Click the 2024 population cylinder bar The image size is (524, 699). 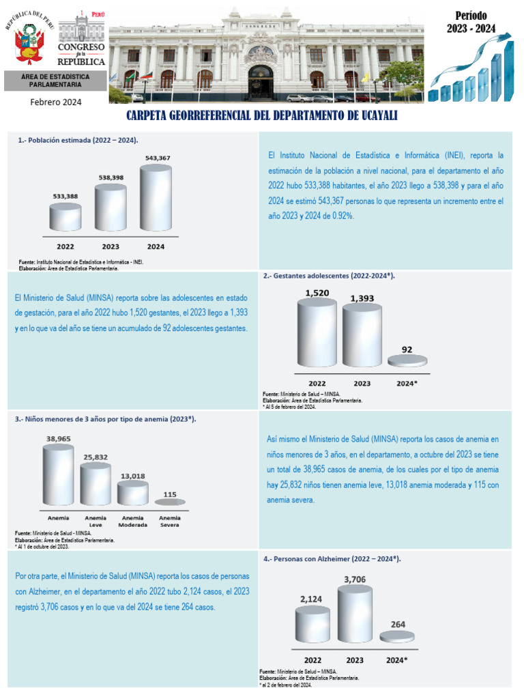[156, 197]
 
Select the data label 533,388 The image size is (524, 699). [65, 196]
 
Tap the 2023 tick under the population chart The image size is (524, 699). [111, 246]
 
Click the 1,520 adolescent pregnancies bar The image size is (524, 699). [317, 332]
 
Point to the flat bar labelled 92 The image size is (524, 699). [407, 360]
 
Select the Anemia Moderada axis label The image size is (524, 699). [133, 522]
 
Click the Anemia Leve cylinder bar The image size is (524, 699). [96, 484]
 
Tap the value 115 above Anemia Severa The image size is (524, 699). [170, 494]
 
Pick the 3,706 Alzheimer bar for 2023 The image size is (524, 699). [355, 614]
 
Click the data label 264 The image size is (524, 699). [398, 625]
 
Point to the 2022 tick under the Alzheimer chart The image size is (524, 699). [312, 660]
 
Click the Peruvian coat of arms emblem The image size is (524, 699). [29, 44]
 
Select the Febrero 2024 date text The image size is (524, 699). [56, 102]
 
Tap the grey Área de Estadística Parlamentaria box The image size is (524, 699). [55, 81]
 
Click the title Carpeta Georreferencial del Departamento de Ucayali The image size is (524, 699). [261, 115]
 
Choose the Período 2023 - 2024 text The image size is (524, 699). [471, 23]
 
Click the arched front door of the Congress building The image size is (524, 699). [261, 83]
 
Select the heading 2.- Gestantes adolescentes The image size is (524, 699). [329, 276]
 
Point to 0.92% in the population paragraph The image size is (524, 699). [343, 216]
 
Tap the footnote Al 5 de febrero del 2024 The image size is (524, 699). [289, 407]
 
